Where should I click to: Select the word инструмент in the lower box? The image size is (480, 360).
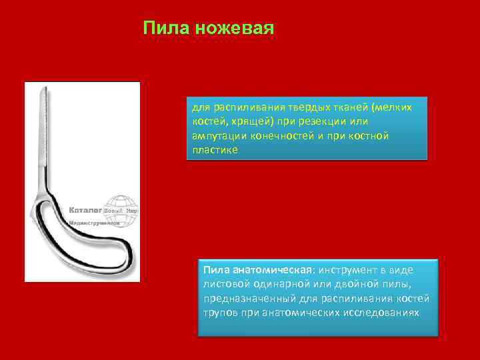[x=348, y=270]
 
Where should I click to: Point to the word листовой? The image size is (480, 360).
[x=224, y=284]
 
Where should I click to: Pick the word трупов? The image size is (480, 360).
[x=221, y=313]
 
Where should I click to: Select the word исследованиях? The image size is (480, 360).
[x=383, y=313]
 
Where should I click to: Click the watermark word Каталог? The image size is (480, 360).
[x=85, y=211]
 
